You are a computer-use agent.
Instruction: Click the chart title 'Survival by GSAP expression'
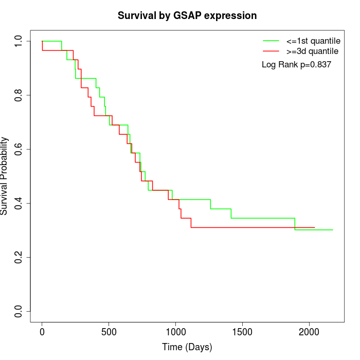tap(187, 15)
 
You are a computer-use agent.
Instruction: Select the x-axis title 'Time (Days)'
tap(187, 347)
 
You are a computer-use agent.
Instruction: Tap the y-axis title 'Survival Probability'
tap(5, 175)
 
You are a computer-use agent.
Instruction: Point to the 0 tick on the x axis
tap(42, 332)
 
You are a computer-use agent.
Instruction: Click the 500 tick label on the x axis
tap(109, 332)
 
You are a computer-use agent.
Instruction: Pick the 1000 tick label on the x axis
tap(175, 332)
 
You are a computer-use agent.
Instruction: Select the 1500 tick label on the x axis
tap(242, 332)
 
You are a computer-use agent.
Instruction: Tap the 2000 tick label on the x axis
tap(309, 332)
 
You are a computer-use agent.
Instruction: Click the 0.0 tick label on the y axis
tap(18, 311)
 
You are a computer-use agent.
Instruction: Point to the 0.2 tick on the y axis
tap(18, 257)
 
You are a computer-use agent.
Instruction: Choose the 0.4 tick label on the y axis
tap(18, 203)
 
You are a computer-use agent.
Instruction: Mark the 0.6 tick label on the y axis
tap(18, 149)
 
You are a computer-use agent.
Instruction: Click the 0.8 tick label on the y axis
tap(18, 95)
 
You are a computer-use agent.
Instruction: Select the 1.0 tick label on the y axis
tap(18, 41)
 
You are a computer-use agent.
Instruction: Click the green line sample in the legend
tap(271, 41)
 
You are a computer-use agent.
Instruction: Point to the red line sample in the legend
tap(271, 51)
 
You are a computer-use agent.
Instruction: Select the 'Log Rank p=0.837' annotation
tap(296, 64)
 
